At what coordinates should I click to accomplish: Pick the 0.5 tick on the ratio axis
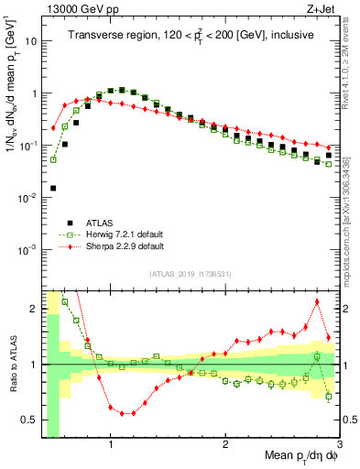(x=30, y=421)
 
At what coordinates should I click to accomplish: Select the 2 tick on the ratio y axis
(x=35, y=309)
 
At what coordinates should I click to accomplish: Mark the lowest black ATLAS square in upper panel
(x=53, y=188)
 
